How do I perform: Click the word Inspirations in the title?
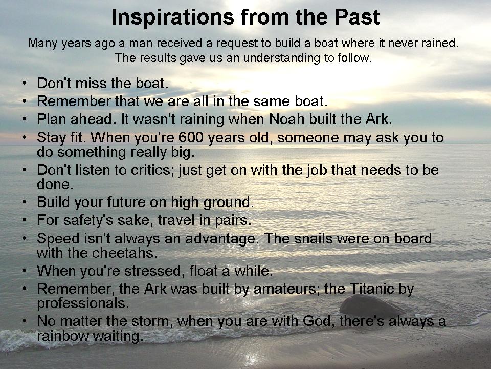pos(172,17)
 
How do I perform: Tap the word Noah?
pos(287,119)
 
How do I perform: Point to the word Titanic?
pos(372,289)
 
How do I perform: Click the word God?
pos(319,321)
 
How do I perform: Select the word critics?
pos(152,170)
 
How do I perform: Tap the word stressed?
pos(152,271)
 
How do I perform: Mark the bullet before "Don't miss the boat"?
pos(25,83)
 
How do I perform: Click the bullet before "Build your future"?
pos(25,202)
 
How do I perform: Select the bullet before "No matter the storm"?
pos(25,321)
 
